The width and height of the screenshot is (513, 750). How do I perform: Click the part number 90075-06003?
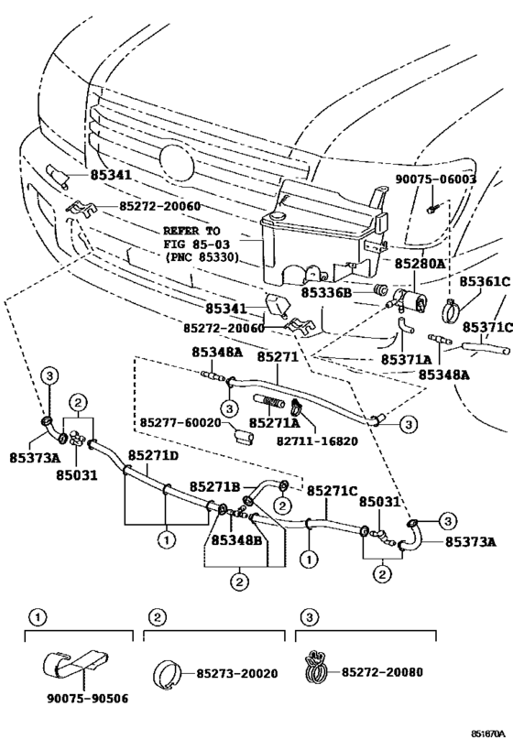click(x=435, y=179)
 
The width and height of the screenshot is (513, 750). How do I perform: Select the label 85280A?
click(x=420, y=263)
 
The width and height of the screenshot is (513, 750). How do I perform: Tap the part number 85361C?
click(x=485, y=281)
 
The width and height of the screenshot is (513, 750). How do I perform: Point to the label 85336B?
click(x=327, y=291)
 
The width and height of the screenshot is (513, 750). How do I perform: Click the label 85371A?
click(x=407, y=359)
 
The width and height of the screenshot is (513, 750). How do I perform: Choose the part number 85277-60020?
click(x=180, y=423)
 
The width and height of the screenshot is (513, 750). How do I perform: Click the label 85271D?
click(x=153, y=455)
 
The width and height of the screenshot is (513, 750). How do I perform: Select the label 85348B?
click(x=237, y=540)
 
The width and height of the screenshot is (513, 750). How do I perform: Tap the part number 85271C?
click(x=333, y=491)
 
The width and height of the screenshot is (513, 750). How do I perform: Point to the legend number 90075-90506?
click(x=88, y=699)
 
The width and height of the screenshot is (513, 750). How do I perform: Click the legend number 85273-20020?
click(x=237, y=673)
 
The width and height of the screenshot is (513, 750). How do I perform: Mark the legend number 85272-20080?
click(x=382, y=672)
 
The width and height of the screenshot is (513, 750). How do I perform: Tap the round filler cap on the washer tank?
click(x=276, y=216)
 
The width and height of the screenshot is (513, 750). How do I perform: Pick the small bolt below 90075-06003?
click(x=432, y=209)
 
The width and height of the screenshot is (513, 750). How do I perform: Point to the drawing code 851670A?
click(x=488, y=734)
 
